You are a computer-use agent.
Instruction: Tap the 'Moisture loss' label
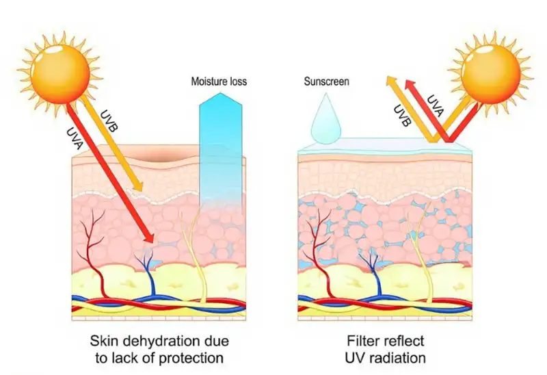pos(218,81)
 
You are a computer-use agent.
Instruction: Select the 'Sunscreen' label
pos(327,81)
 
